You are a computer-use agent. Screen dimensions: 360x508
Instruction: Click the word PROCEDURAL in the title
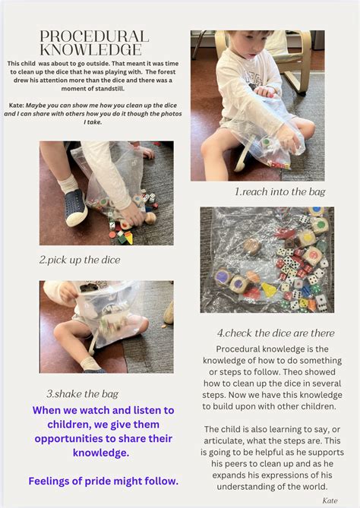point(94,36)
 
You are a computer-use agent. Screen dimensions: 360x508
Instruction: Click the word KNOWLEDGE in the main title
point(91,50)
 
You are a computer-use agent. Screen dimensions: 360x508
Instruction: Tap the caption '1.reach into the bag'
point(280,192)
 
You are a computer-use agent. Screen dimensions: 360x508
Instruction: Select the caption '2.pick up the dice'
point(80,260)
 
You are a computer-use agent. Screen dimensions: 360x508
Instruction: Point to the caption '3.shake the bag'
point(82,394)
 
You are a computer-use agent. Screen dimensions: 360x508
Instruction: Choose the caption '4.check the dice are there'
point(276,333)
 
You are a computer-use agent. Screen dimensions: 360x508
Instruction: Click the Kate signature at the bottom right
point(330,500)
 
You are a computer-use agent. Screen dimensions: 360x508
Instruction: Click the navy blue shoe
point(75,207)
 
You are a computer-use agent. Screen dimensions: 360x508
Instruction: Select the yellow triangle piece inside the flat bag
point(268,289)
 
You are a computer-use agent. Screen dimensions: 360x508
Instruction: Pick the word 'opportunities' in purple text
point(75,439)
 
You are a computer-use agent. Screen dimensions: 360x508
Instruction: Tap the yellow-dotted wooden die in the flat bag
point(306,238)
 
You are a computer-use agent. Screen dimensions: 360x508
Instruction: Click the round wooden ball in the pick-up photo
point(150,219)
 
